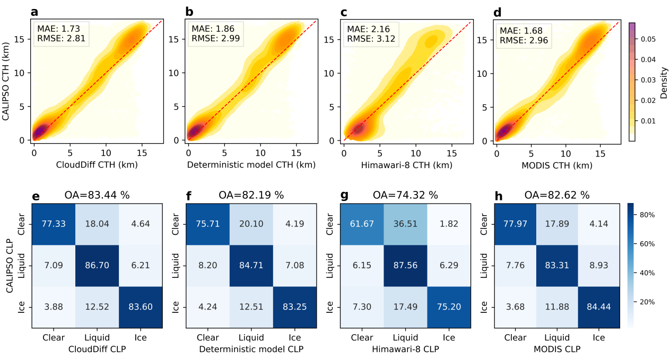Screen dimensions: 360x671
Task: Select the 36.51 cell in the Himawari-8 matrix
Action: (404, 223)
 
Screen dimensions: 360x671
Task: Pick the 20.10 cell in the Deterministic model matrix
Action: (251, 223)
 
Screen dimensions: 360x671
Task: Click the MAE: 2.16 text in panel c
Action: (363, 28)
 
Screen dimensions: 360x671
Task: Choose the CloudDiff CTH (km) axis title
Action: (97, 165)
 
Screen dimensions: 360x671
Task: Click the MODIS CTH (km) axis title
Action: (557, 165)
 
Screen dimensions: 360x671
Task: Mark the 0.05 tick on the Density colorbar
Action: (646, 39)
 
